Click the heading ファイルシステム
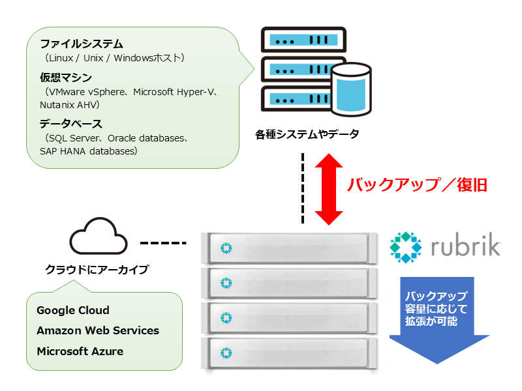81,44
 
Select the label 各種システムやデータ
307,134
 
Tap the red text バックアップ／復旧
417,184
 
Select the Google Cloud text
73,310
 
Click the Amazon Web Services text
98,330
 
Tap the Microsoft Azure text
80,351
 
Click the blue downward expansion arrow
439,319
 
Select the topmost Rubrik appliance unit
291,247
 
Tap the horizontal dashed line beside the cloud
164,244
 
